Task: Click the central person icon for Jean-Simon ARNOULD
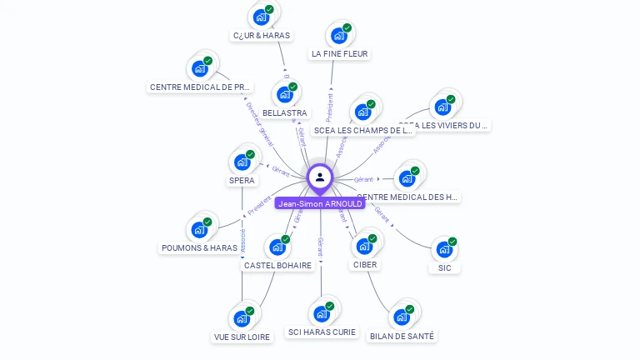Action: (320, 177)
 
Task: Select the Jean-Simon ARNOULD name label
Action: (320, 203)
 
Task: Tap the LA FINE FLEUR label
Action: (339, 54)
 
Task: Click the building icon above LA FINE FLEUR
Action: (339, 35)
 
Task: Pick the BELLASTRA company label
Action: (284, 112)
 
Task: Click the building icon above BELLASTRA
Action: (285, 93)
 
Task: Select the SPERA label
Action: (242, 180)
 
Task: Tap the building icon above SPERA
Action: (242, 162)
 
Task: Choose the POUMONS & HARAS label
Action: (199, 247)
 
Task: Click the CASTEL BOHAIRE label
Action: (277, 265)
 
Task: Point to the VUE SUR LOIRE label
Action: (242, 337)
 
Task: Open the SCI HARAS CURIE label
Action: (322, 332)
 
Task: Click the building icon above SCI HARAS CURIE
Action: (322, 313)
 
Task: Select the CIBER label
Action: (365, 264)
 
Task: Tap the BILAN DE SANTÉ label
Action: (402, 336)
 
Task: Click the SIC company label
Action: (445, 267)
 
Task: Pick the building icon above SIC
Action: (445, 248)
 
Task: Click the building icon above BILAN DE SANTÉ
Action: (402, 317)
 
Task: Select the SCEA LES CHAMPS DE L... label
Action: (363, 130)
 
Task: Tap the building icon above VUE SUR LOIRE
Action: (242, 317)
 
